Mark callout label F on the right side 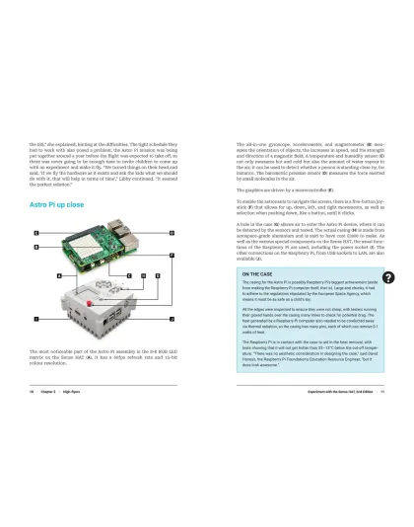pos(172,256)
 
